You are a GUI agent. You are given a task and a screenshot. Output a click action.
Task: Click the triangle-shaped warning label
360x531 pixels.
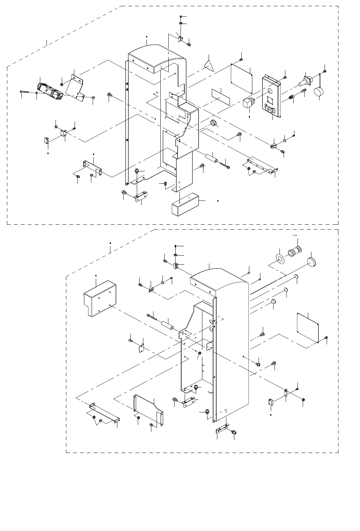209,65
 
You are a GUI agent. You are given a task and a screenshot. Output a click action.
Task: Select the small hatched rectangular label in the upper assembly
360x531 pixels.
220,95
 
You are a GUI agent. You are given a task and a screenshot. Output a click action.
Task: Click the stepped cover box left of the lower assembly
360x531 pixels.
100,299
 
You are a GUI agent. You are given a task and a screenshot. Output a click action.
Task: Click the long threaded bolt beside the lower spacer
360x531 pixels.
152,316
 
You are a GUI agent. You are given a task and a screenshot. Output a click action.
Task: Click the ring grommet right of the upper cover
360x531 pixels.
215,123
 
